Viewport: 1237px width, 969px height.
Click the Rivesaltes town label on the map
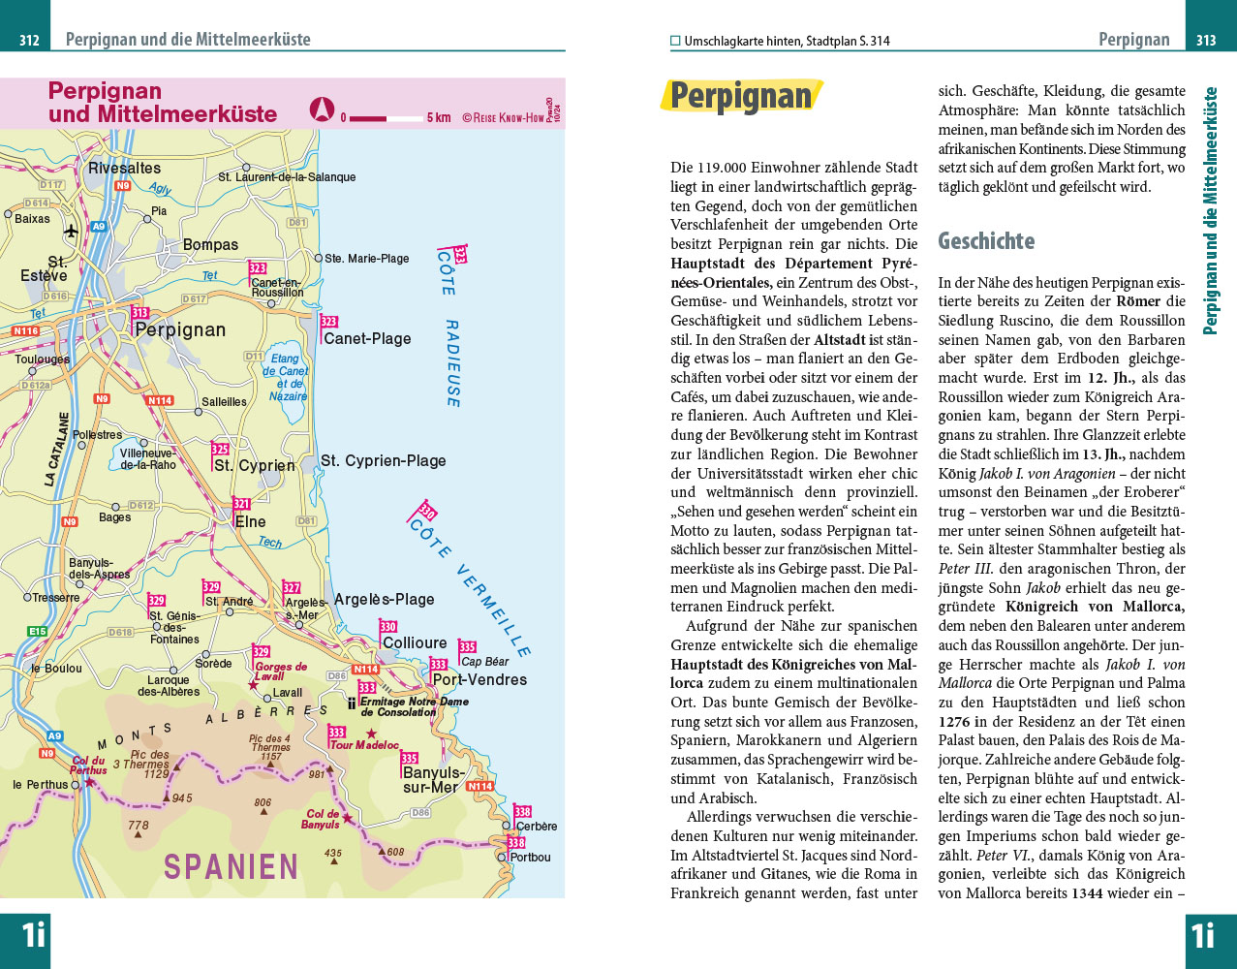click(124, 169)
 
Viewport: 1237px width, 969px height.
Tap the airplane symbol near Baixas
click(71, 232)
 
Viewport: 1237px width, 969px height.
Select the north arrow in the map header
click(322, 109)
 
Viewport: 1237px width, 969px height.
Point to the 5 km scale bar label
click(439, 118)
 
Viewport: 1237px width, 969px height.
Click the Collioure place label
click(415, 643)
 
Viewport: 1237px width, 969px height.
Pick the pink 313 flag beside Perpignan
click(140, 313)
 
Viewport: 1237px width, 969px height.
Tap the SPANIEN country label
click(231, 866)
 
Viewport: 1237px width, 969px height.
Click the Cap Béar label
click(485, 662)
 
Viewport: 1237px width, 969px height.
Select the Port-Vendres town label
click(479, 680)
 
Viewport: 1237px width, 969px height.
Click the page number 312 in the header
click(29, 41)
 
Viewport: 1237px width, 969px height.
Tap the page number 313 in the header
click(1206, 41)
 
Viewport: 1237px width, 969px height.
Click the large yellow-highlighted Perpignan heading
click(741, 97)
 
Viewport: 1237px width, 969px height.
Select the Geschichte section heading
click(986, 241)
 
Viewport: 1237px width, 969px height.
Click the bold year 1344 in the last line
click(1088, 893)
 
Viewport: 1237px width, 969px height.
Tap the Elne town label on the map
click(250, 521)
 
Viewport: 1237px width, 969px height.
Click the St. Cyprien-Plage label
click(384, 461)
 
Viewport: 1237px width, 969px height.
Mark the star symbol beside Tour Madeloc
click(371, 734)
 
